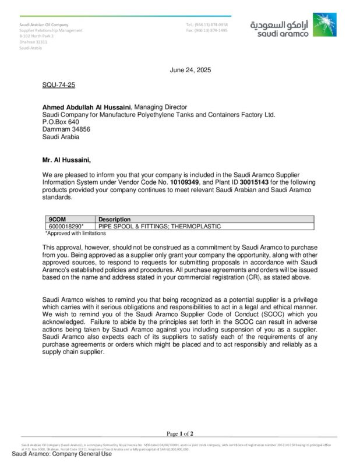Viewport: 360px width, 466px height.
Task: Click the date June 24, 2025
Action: (190, 70)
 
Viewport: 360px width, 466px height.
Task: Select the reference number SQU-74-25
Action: (58, 85)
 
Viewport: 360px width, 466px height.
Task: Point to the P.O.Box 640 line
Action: (60, 122)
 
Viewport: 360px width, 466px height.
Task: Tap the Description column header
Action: (115, 219)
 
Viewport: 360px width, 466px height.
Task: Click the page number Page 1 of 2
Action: (180, 433)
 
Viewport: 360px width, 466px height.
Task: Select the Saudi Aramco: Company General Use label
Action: (62, 454)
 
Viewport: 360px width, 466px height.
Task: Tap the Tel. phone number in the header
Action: (207, 25)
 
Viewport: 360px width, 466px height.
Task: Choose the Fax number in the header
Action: (207, 30)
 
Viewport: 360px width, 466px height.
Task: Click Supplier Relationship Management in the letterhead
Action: (51, 30)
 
